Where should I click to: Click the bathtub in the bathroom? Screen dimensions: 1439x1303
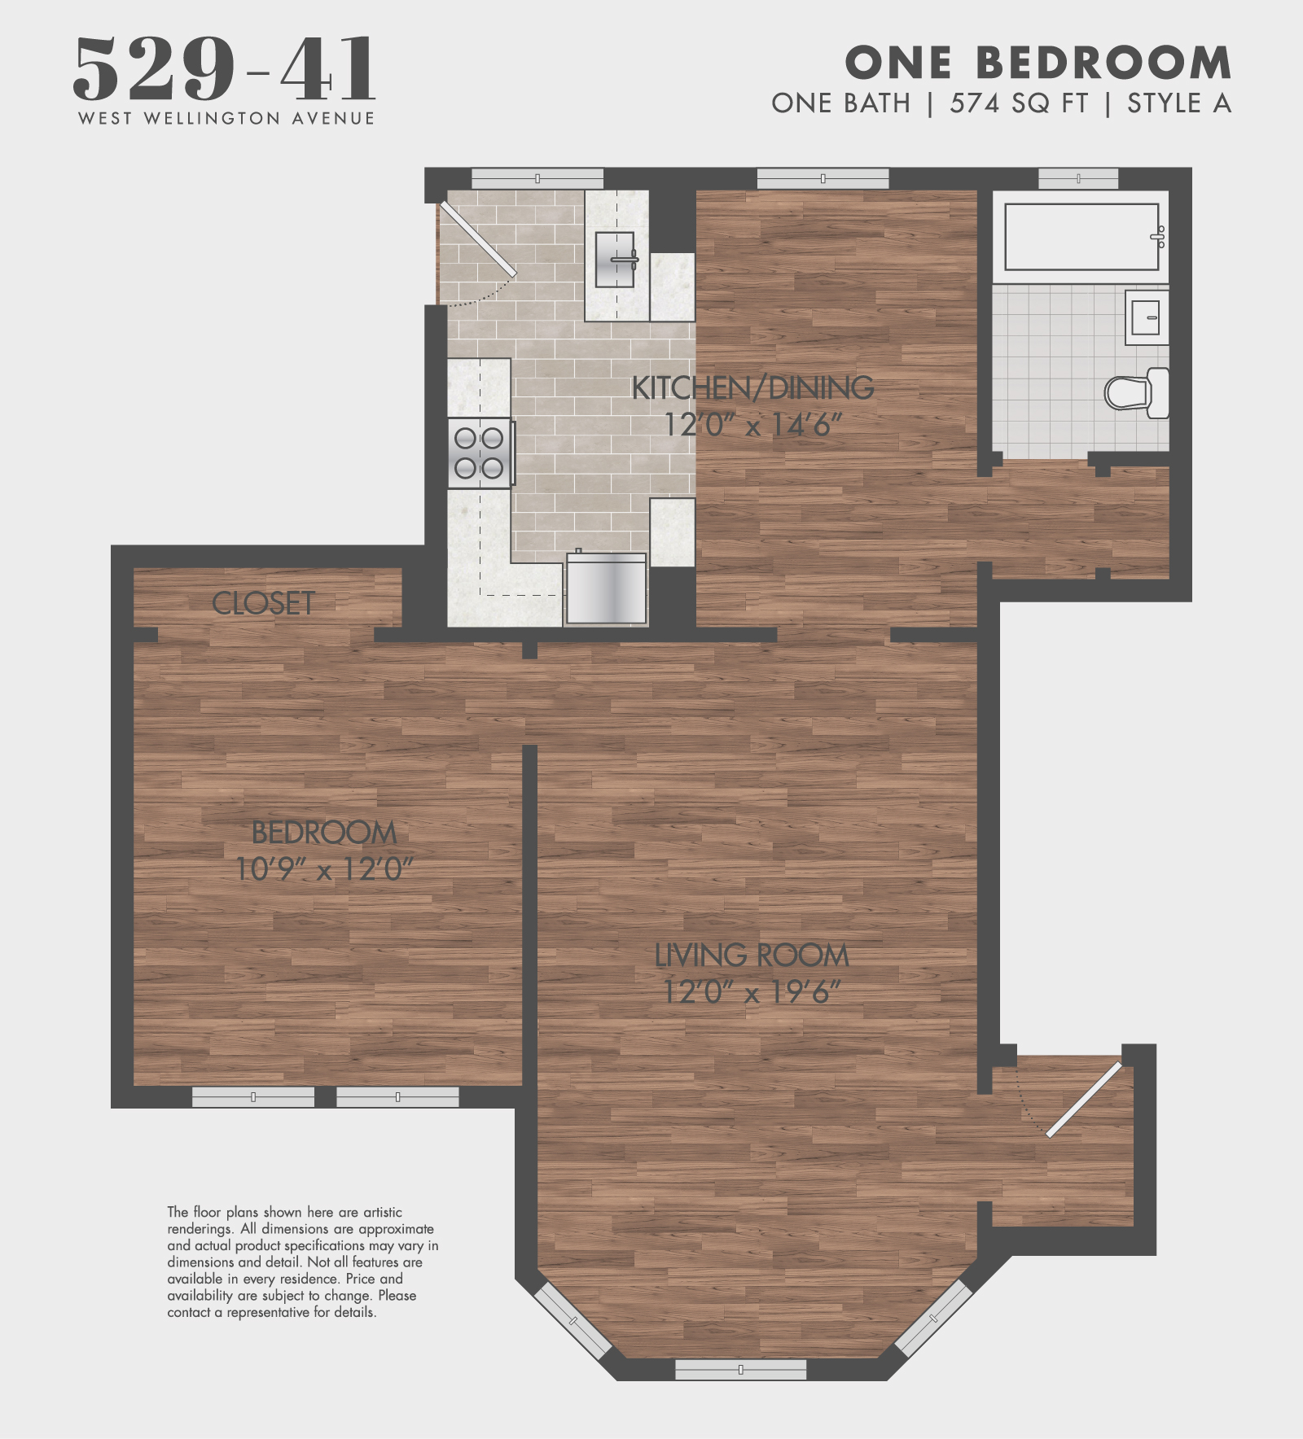(1081, 237)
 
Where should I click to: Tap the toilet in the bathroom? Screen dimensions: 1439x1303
(1137, 393)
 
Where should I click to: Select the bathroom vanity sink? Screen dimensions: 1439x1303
(1146, 317)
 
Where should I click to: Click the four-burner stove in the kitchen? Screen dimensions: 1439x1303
(480, 453)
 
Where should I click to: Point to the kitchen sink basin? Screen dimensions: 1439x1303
(614, 260)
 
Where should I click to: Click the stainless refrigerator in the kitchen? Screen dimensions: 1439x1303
(606, 589)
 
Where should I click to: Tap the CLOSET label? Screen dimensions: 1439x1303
(263, 603)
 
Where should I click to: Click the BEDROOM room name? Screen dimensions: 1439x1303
(324, 833)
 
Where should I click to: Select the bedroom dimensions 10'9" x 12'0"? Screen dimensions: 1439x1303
(324, 869)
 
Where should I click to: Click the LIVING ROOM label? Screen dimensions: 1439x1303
(751, 956)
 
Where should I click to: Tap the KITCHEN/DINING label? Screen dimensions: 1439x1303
(752, 388)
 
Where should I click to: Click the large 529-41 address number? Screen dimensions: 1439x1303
(225, 69)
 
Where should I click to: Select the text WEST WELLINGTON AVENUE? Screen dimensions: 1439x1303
(226, 119)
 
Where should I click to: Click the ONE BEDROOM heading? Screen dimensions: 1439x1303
(1038, 63)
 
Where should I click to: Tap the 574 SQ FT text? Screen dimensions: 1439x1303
(1018, 103)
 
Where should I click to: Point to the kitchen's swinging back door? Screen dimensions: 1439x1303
(478, 239)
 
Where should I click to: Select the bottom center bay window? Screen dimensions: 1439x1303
(740, 1370)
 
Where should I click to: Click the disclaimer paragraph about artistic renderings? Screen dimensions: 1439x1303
(301, 1262)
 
